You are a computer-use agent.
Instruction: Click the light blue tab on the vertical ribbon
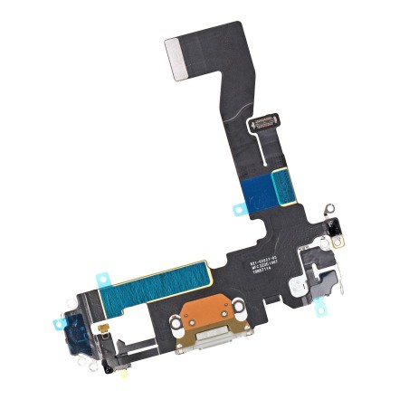pos(239,209)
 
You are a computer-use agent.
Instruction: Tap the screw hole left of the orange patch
pos(177,320)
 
